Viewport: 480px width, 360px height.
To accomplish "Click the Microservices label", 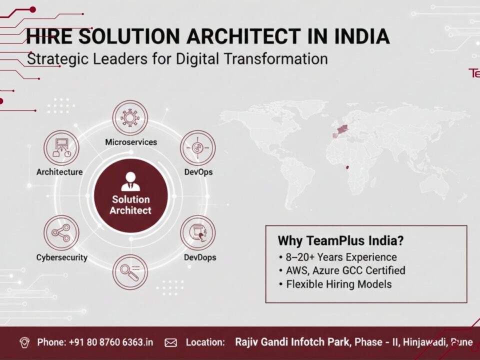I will pos(130,142).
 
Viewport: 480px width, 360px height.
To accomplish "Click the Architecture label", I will pos(59,172).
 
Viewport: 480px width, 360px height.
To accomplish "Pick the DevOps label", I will pos(198,172).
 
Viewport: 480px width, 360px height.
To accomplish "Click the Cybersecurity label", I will pos(61,257).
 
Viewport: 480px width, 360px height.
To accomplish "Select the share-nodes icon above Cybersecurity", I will pos(61,232).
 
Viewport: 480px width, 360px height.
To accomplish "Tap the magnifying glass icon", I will pos(130,271).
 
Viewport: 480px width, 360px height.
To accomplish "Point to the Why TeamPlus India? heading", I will pos(340,240).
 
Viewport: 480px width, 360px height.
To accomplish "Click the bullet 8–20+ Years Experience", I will pos(341,257).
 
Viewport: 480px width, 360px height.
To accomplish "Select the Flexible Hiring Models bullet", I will pos(338,284).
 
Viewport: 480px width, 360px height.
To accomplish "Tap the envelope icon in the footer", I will pos(171,342).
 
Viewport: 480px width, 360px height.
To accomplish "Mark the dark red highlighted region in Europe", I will pos(343,129).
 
